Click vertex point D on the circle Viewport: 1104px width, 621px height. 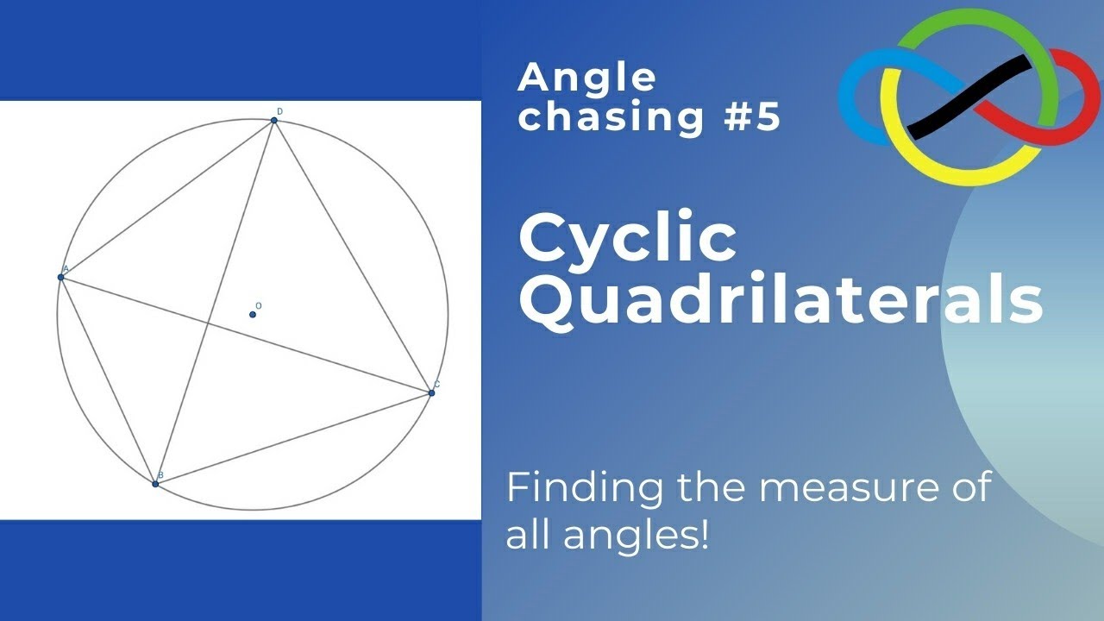click(x=274, y=120)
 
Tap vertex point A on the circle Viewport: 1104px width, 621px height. click(x=61, y=277)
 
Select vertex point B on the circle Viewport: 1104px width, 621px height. click(x=155, y=484)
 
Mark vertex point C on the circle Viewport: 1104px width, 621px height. click(x=431, y=393)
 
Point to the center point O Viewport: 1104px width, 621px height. click(x=253, y=314)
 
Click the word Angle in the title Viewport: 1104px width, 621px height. click(x=586, y=78)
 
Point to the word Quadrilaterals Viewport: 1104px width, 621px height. click(x=780, y=301)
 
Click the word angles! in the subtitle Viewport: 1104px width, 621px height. click(x=637, y=536)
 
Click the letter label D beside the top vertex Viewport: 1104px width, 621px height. click(x=279, y=111)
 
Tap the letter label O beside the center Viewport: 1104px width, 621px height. click(x=259, y=305)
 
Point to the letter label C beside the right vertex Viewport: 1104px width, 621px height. click(x=437, y=385)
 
